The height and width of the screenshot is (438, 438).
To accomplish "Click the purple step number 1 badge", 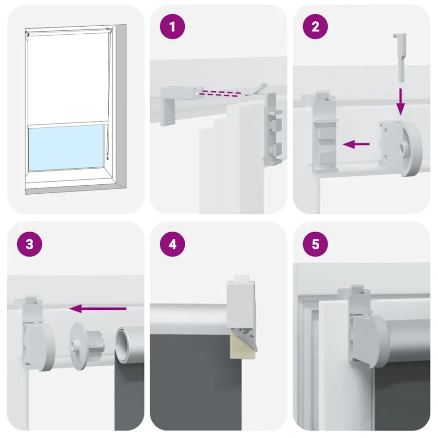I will pyautogui.click(x=172, y=27).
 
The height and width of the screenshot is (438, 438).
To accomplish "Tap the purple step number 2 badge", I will pyautogui.click(x=315, y=27).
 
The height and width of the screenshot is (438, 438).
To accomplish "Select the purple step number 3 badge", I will pyautogui.click(x=29, y=245).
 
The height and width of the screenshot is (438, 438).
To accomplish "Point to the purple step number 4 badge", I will pyautogui.click(x=172, y=245).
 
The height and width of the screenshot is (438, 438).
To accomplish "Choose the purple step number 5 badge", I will pyautogui.click(x=315, y=245).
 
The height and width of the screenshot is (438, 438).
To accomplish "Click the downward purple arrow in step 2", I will pyautogui.click(x=400, y=100).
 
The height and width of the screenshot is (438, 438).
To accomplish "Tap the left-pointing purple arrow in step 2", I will pyautogui.click(x=356, y=143).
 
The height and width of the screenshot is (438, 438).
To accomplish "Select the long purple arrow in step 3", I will pyautogui.click(x=98, y=309).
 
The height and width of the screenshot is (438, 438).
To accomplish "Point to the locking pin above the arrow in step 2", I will pyautogui.click(x=400, y=57).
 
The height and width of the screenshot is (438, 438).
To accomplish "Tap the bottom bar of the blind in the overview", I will pyautogui.click(x=66, y=124).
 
